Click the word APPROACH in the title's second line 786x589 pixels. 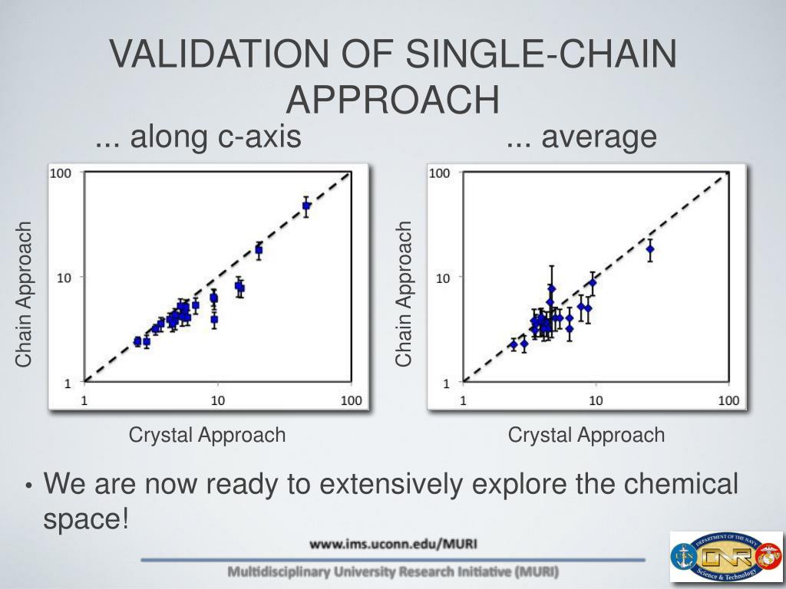tap(392, 99)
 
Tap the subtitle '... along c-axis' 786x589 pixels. tap(197, 138)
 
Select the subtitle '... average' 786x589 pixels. tap(581, 138)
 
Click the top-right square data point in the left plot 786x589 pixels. tap(306, 206)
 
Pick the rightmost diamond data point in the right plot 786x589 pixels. tap(650, 249)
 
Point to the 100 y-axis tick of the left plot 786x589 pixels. tap(61, 173)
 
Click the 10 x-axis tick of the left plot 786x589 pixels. tap(217, 400)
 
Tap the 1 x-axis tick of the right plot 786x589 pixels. tap(463, 400)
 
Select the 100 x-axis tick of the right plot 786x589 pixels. tap(728, 400)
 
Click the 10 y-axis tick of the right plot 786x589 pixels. tap(443, 278)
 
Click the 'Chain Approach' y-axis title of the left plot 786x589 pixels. tap(25, 294)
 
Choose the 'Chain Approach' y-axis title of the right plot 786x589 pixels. tap(404, 294)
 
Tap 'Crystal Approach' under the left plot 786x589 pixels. tap(207, 436)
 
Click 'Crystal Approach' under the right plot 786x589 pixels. tap(586, 436)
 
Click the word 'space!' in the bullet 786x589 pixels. tap(85, 519)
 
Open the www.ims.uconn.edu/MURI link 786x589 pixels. tap(393, 545)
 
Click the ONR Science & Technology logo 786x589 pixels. tap(725, 557)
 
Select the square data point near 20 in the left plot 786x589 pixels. tap(259, 250)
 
